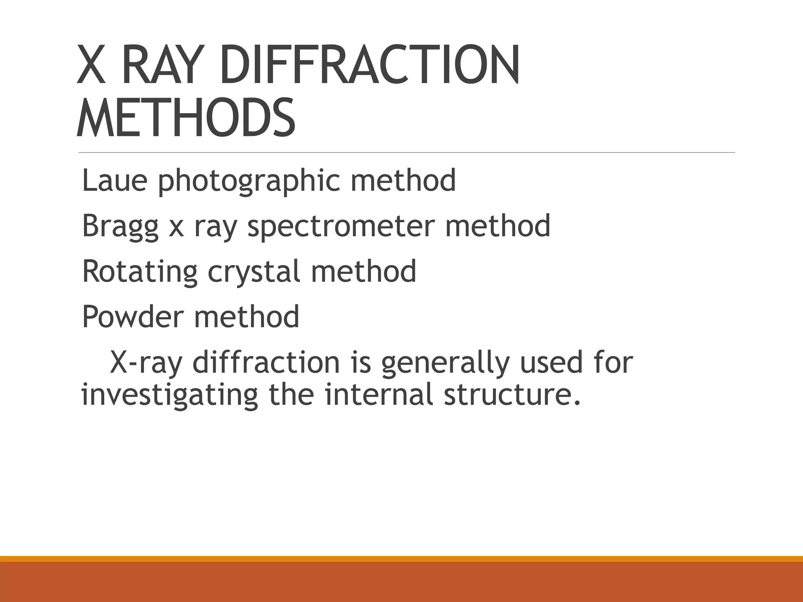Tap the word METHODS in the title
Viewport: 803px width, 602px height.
point(186,118)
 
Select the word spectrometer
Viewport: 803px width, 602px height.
point(342,227)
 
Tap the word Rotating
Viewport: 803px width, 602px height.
point(140,272)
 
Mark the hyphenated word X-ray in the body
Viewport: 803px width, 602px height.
point(146,363)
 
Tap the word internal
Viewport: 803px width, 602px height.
point(379,395)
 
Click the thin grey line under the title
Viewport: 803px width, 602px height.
point(407,152)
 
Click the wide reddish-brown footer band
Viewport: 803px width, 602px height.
point(401,582)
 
